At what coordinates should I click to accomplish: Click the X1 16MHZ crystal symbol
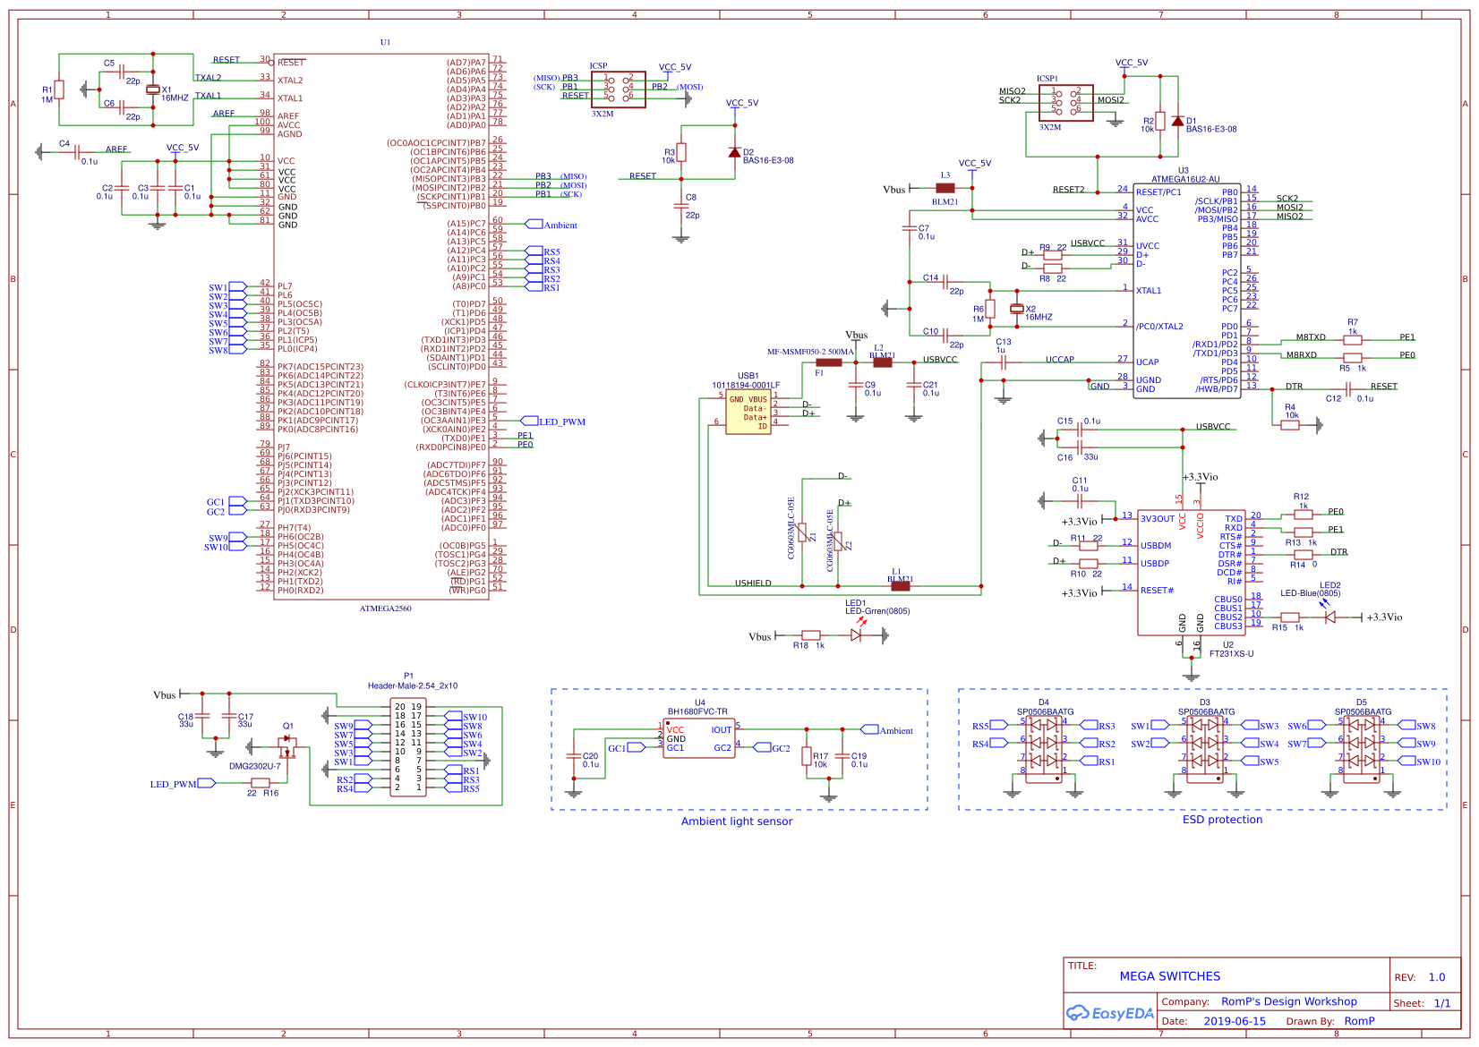tap(152, 89)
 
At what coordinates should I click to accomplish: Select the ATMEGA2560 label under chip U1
tap(385, 609)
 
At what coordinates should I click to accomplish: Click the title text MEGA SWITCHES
tap(1169, 976)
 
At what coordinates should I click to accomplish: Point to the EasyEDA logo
tap(1109, 1013)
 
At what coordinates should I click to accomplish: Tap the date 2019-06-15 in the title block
tap(1234, 1021)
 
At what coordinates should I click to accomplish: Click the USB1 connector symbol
tap(748, 413)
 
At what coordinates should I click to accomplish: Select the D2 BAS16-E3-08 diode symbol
tap(734, 152)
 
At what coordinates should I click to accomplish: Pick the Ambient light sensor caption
tap(736, 821)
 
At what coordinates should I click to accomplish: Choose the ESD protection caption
tap(1222, 820)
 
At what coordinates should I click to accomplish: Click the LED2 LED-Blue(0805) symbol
tap(1329, 617)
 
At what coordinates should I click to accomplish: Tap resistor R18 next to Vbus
tap(810, 635)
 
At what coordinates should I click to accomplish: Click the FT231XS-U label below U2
tap(1231, 654)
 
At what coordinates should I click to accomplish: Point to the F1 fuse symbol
tap(828, 362)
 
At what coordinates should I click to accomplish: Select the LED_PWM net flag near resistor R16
tap(206, 783)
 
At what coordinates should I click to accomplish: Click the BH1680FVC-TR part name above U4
tap(697, 712)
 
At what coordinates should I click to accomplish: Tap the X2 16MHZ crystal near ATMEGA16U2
tap(1016, 309)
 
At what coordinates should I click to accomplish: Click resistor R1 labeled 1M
tap(59, 89)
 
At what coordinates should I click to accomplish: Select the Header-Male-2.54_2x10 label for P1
tap(412, 686)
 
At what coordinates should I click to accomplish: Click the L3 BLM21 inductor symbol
tap(945, 188)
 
